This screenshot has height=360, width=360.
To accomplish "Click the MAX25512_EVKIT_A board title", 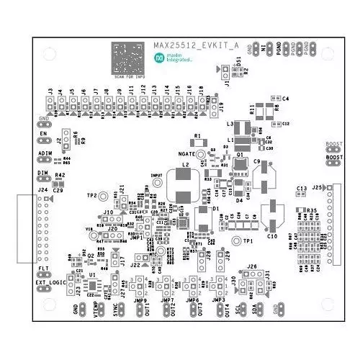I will [195, 46].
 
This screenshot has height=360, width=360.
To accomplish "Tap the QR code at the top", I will [130, 57].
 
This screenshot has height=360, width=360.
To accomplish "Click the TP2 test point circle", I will [104, 196].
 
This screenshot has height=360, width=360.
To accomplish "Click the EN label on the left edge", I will [43, 133].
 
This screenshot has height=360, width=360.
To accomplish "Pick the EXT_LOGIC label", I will [49, 282].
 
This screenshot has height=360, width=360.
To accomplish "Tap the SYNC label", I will [117, 310].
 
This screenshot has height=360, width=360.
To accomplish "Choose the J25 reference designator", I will [318, 187].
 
